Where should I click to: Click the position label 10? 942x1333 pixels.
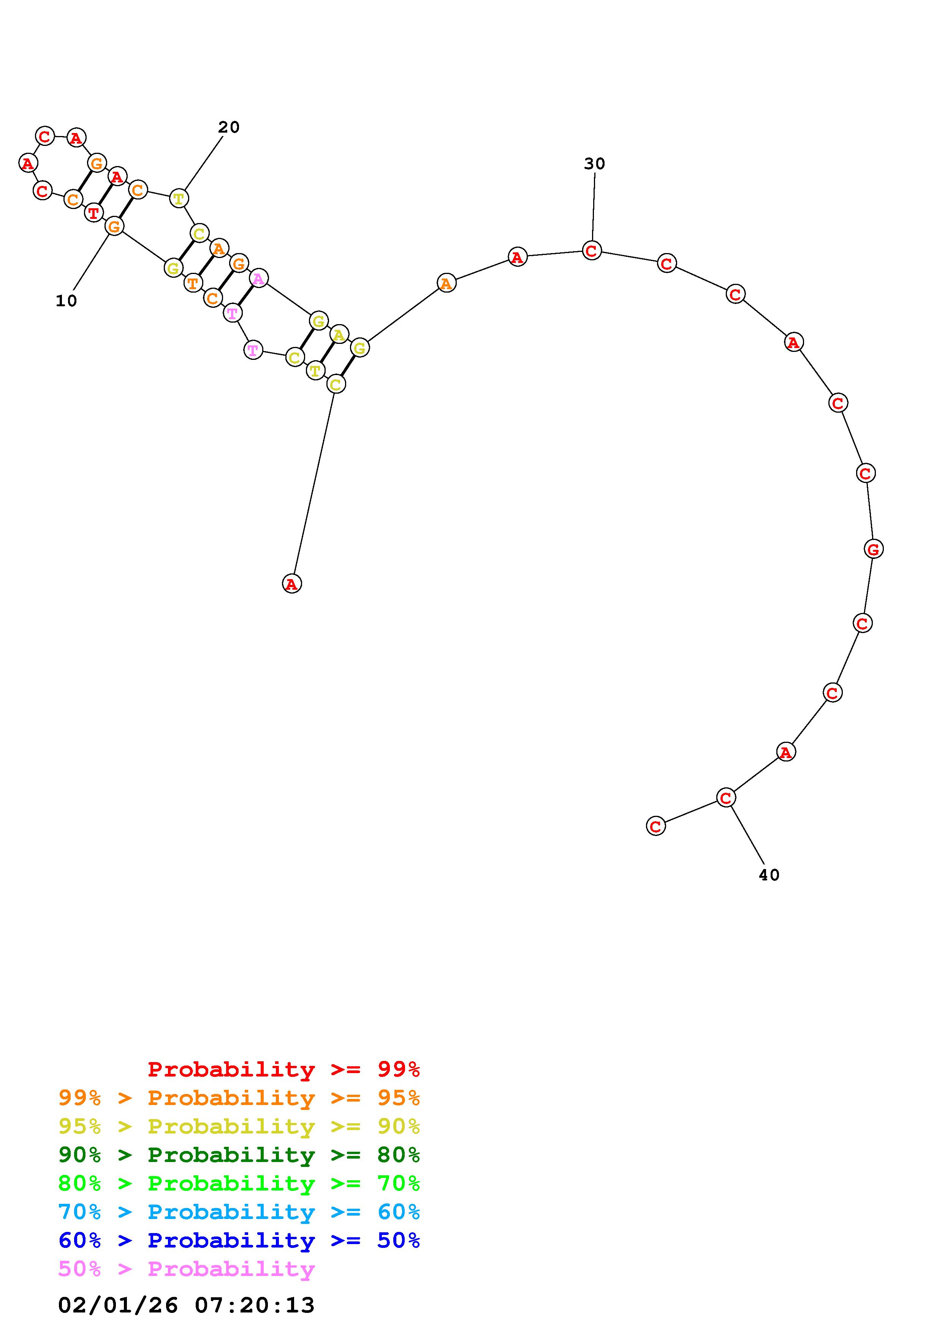pos(66,301)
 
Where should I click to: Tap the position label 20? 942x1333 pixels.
pos(229,127)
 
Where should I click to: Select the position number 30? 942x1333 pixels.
pos(594,164)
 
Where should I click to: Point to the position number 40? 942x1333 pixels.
pos(769,875)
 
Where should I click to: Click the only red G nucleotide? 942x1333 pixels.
pos(874,549)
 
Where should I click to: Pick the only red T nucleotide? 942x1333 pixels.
pos(93,213)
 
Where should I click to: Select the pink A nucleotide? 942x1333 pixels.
pos(259,279)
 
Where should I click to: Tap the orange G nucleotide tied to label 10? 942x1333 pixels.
pos(114,226)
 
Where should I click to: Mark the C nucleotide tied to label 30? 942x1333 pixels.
pos(591,251)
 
